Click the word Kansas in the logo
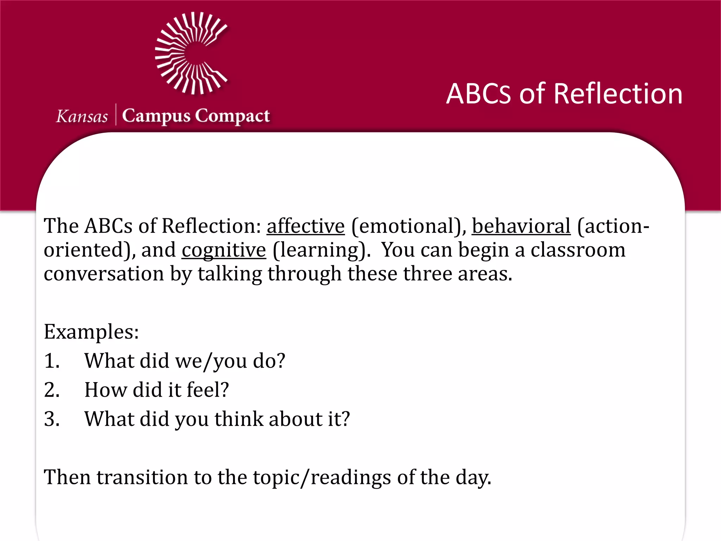pos(82,117)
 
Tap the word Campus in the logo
pos(156,116)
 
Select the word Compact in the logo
pos(232,116)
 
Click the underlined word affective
pos(306,226)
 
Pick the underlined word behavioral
pos(521,226)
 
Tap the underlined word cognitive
pos(224,250)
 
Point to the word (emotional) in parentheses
pos(408,226)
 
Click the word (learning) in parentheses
pos(321,250)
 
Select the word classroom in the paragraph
pos(578,250)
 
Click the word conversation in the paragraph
pos(104,274)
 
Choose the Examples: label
pos(91,332)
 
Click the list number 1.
pos(51,361)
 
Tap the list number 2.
pos(51,390)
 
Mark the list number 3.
pos(51,419)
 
